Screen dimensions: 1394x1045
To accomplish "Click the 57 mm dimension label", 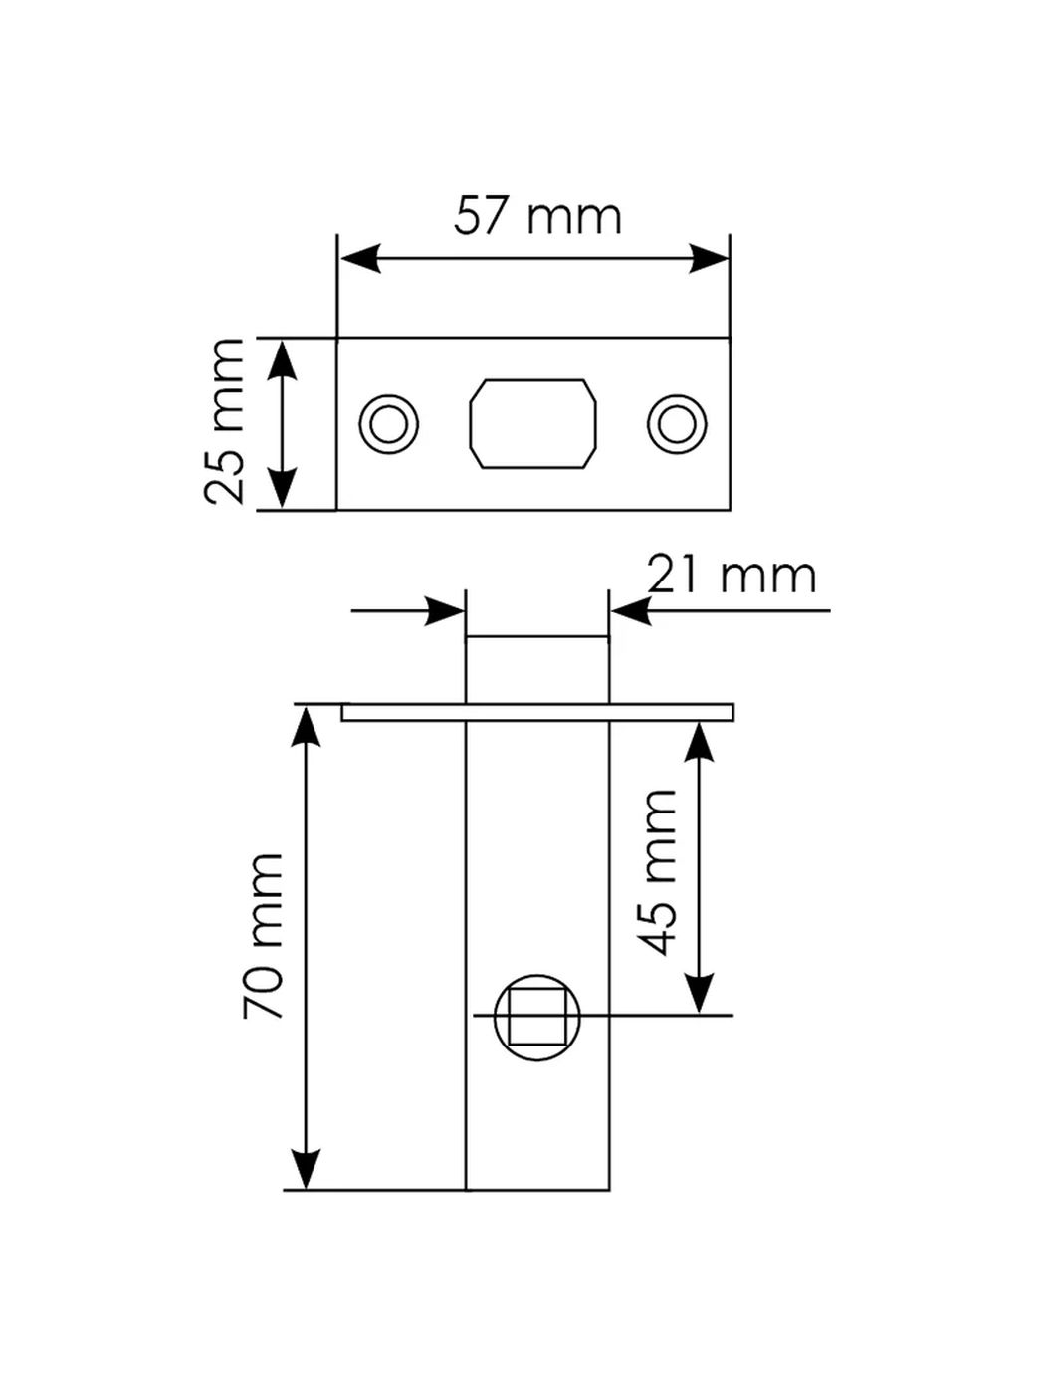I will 537,216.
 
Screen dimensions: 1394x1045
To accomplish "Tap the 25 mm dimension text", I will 225,422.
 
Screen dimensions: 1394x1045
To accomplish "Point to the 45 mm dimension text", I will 660,871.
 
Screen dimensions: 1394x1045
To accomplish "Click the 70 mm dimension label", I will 265,936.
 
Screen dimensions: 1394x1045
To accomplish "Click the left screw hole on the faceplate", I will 388,424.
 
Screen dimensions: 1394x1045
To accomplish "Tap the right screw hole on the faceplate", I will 677,424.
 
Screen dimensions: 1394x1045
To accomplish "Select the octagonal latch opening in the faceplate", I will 532,423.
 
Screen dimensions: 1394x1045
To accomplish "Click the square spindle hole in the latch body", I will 536,1017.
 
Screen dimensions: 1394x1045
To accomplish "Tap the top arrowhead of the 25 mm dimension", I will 283,358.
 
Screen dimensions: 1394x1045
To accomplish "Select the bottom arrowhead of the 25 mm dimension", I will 283,490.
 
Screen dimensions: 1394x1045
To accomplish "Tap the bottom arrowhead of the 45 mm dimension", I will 700,993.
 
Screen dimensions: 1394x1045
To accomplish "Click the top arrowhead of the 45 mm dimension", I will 700,743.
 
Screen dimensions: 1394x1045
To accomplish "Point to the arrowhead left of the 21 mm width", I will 445,610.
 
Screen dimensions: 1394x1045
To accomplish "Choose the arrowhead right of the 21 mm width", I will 630,610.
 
